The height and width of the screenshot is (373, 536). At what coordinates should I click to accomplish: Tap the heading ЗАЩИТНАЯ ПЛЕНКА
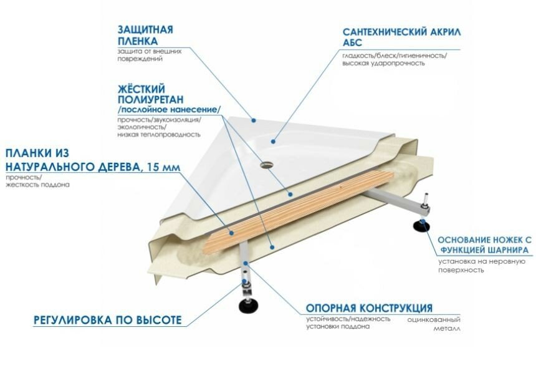point(145,36)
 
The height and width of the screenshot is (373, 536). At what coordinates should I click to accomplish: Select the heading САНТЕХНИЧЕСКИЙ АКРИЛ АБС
point(400,37)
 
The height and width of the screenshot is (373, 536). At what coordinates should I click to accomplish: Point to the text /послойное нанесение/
point(168,110)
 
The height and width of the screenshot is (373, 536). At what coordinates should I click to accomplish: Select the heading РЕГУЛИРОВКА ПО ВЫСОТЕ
point(107,321)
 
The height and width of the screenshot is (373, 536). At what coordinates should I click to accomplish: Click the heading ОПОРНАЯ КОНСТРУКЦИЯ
point(369,308)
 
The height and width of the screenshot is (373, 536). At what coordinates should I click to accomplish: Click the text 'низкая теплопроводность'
point(158,134)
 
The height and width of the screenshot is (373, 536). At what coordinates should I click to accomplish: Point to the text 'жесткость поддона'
point(37,185)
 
